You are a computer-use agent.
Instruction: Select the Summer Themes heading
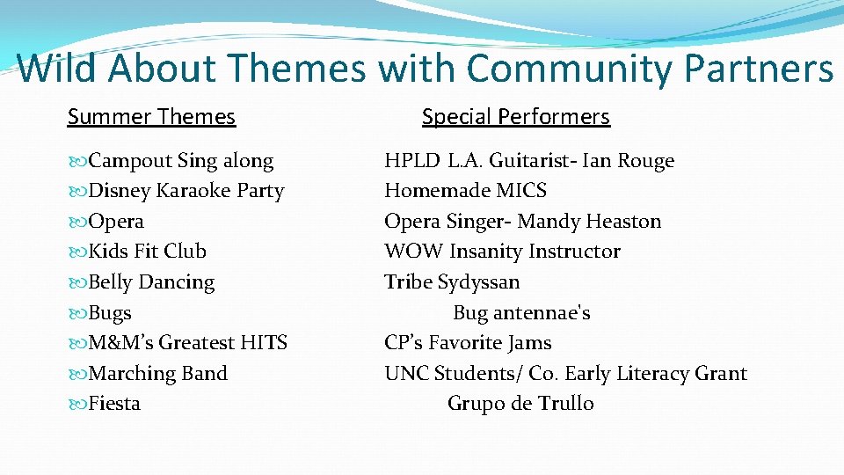pos(151,117)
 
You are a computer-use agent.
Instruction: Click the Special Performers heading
pos(515,117)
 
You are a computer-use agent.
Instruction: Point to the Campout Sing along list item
pos(181,161)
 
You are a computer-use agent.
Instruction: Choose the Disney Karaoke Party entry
pos(186,191)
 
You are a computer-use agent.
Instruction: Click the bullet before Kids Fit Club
pos(77,252)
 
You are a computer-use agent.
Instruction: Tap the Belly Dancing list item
pos(151,282)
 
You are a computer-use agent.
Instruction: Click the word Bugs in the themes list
pos(110,313)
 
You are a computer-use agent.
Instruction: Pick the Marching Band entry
pos(158,374)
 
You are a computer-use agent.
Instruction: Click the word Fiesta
pos(114,404)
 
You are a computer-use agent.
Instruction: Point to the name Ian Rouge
pos(632,161)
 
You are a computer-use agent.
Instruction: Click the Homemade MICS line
pos(465,191)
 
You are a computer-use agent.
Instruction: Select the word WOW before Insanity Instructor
pos(413,252)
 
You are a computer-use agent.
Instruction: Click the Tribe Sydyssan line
pos(452,282)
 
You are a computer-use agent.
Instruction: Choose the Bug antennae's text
pos(521,313)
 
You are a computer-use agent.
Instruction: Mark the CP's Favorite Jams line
pos(468,343)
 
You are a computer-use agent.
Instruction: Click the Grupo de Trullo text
pos(520,404)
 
